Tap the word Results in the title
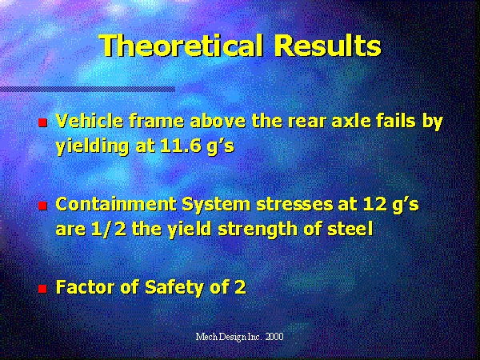tap(327, 46)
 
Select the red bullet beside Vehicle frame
tap(42, 122)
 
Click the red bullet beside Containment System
tap(42, 206)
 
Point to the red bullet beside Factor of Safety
tap(42, 289)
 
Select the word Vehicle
tap(90, 121)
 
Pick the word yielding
tap(92, 147)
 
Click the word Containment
tap(116, 204)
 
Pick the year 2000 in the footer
tap(274, 337)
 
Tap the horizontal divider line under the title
tap(87, 89)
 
